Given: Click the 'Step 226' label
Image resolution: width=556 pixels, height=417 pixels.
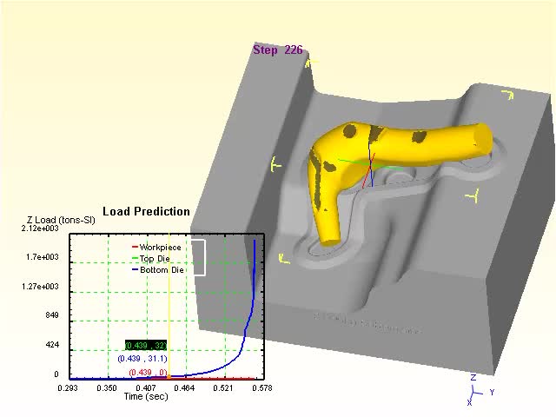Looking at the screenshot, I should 278,50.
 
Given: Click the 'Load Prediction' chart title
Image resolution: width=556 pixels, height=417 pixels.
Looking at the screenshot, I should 146,211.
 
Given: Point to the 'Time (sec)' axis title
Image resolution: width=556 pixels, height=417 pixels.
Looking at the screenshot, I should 146,396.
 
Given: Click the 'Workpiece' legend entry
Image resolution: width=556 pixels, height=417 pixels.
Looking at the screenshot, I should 160,248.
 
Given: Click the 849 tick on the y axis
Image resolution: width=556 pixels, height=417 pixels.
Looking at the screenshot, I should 51,315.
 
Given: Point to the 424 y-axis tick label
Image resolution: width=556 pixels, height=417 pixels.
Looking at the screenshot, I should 51,345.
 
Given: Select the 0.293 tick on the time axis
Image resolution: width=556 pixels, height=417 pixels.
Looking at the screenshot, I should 68,387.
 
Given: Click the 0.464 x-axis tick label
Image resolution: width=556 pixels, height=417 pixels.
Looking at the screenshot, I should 184,387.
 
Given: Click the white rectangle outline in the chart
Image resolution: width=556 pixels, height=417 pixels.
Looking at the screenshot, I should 198,257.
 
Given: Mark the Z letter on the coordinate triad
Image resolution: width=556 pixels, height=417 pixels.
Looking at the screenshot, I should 473,378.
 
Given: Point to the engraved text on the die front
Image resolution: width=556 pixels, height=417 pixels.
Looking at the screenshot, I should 365,323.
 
